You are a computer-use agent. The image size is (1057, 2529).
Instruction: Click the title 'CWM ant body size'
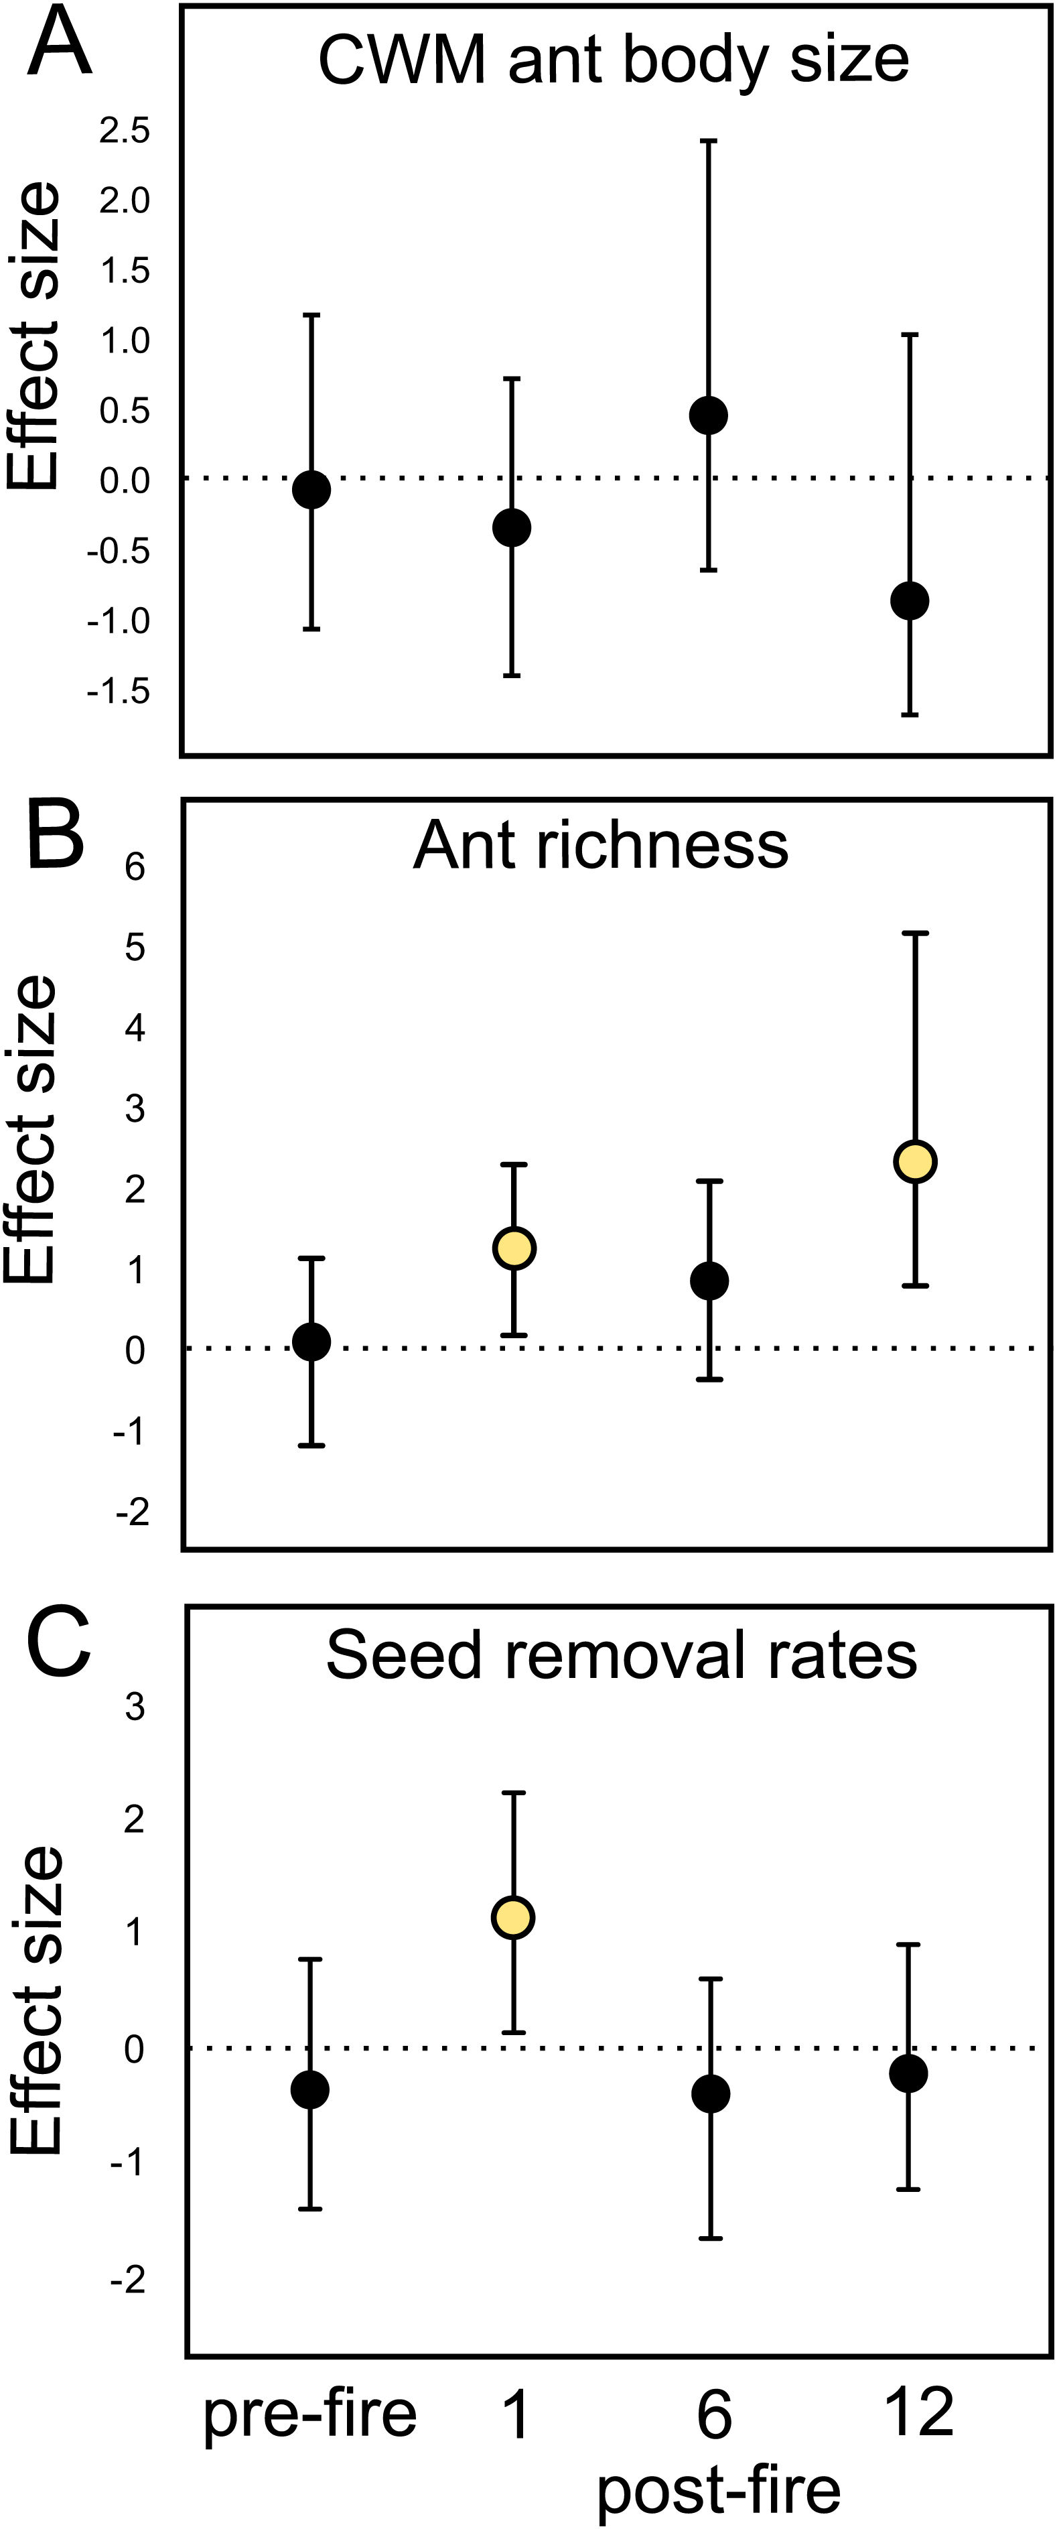[614, 61]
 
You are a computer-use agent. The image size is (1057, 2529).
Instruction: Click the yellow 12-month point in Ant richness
[916, 1161]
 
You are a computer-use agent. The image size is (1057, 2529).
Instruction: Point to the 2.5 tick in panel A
[125, 131]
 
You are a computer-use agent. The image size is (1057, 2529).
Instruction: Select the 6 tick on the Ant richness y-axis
[135, 867]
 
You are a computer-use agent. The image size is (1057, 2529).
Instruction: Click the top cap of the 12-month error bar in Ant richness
[916, 933]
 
